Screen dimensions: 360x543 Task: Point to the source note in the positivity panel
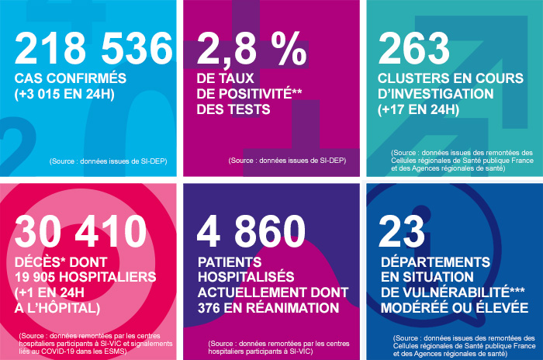point(287,161)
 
